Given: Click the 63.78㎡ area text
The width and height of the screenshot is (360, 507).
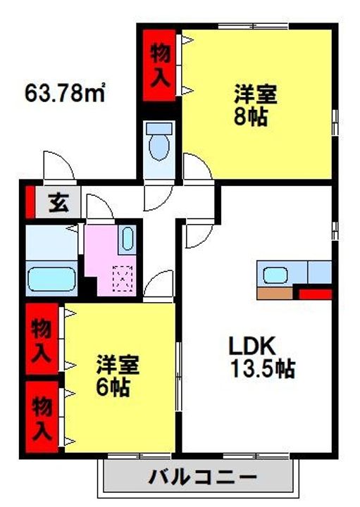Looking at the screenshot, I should pyautogui.click(x=65, y=92).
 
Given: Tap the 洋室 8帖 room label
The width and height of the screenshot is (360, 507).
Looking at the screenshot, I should pyautogui.click(x=251, y=105).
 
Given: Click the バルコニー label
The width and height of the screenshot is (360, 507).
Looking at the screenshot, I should pyautogui.click(x=202, y=478).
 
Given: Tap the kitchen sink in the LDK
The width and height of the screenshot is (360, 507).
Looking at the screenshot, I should pyautogui.click(x=273, y=272).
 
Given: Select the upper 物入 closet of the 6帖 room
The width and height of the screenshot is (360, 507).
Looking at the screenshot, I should pyautogui.click(x=43, y=341).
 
